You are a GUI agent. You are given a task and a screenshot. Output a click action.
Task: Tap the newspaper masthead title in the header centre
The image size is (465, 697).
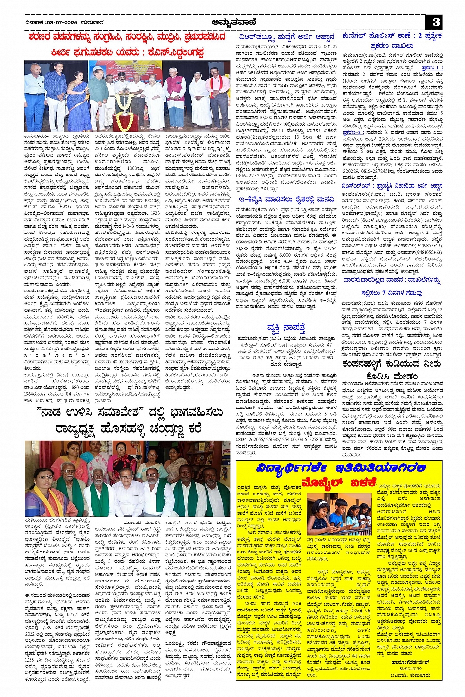point(232,22)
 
